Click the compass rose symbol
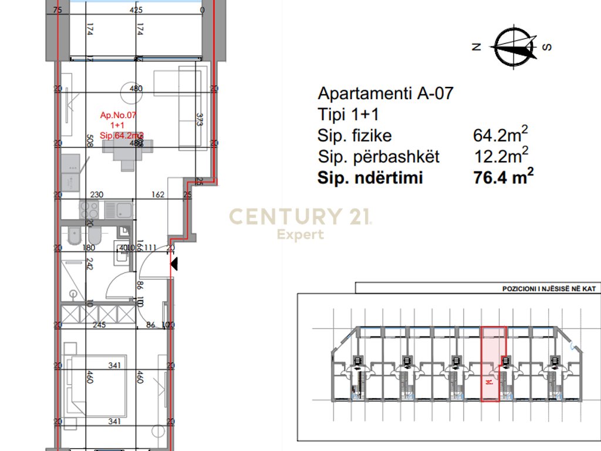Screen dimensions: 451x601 point(516,47)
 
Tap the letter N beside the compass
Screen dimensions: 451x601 point(477,47)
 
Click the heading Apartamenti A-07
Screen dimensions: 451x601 point(385,93)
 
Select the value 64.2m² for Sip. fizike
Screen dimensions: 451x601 point(500,135)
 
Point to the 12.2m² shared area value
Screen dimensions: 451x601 point(500,156)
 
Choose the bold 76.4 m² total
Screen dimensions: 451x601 point(503,177)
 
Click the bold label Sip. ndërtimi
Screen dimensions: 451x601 point(370,178)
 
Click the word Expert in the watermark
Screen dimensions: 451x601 point(300,235)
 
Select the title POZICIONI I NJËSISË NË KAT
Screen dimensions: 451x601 point(548,290)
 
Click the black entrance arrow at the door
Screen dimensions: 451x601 point(174,265)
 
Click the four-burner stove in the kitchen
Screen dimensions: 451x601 point(89,208)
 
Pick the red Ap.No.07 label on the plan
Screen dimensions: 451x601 point(119,116)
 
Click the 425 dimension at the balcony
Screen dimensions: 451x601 point(137,10)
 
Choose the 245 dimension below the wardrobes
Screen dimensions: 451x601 point(99,325)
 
